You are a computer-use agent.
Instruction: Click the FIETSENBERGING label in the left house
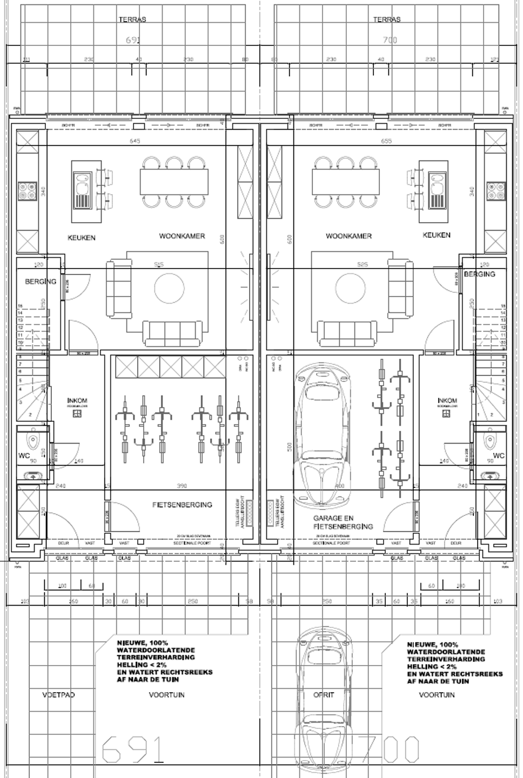[182, 505]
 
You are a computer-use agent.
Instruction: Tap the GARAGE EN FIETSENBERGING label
[343, 522]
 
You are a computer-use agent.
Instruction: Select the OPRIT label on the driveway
[324, 695]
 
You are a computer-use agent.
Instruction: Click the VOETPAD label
[58, 695]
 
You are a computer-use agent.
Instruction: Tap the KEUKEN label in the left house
[82, 238]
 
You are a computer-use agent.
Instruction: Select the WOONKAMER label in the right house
[348, 236]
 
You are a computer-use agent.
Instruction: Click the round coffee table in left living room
[170, 288]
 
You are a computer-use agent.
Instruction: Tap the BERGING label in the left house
[41, 281]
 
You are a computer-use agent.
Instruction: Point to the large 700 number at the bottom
[390, 749]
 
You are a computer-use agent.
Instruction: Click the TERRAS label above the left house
[132, 19]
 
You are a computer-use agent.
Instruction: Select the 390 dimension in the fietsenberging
[182, 486]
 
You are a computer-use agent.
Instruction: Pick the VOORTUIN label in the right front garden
[437, 695]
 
